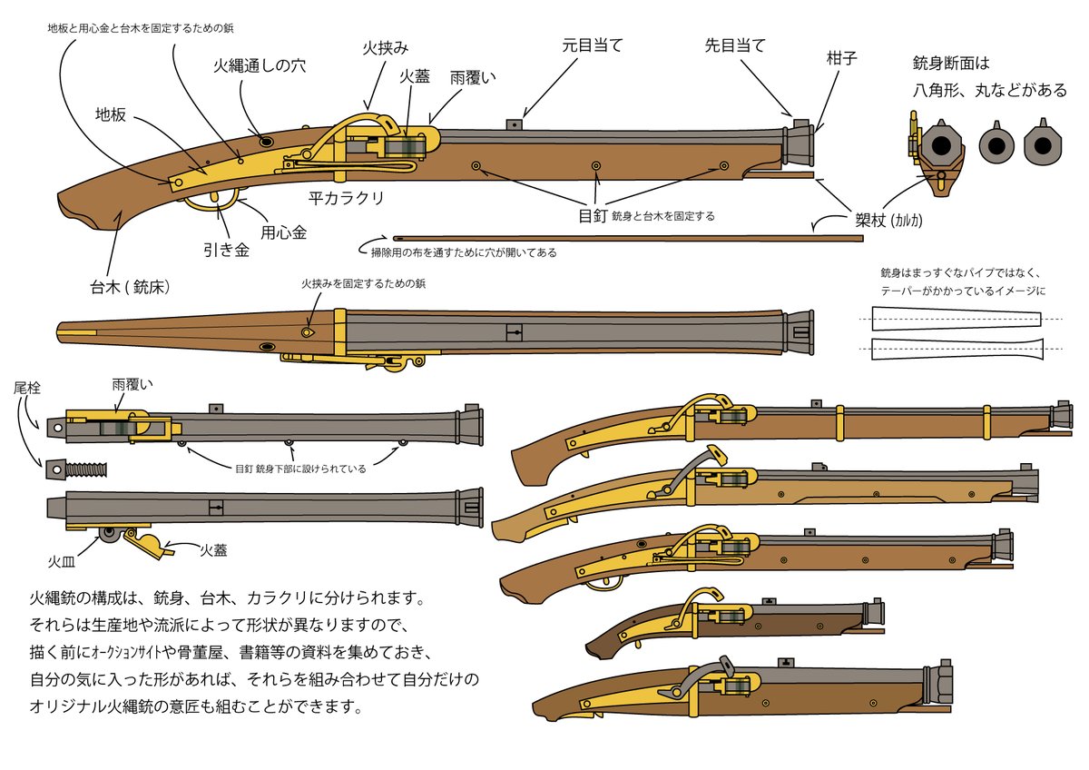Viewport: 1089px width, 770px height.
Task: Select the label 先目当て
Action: [735, 45]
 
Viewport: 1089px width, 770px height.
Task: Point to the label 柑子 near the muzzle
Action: [842, 59]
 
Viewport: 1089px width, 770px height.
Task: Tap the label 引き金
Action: [226, 249]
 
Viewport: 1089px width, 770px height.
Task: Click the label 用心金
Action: [283, 232]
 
